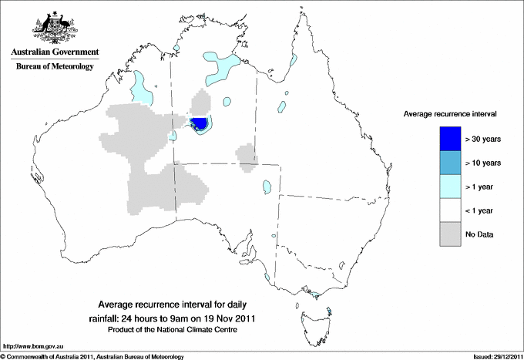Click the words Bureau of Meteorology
point(54,67)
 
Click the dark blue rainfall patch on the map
point(200,123)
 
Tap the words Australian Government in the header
point(54,52)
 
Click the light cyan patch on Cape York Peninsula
point(291,60)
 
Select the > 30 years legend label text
point(484,140)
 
